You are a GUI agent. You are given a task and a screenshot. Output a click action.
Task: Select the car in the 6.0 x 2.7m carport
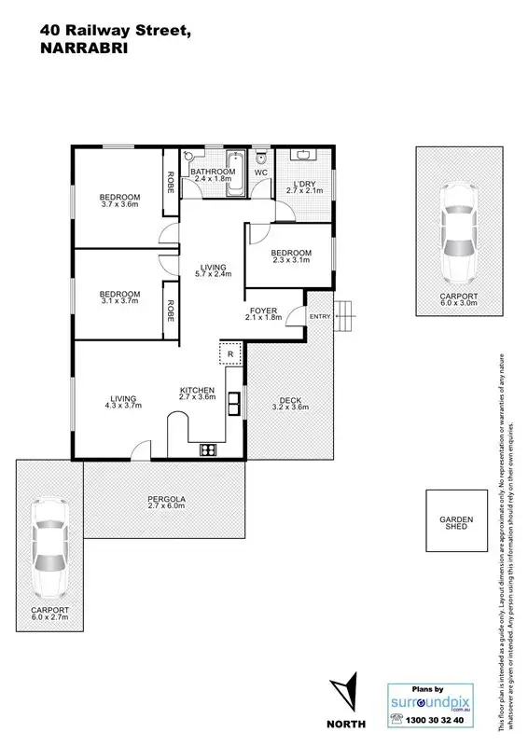[49, 549]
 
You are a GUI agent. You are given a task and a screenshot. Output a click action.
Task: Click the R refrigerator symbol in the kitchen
[230, 354]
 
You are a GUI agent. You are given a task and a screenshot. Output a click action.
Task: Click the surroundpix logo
[425, 699]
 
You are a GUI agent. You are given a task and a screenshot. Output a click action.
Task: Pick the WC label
[261, 173]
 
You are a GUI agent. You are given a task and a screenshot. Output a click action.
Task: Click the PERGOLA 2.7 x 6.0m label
[166, 503]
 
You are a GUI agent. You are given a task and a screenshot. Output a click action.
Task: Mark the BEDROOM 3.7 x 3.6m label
[119, 200]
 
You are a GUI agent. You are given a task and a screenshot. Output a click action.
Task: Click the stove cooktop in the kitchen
[207, 450]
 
